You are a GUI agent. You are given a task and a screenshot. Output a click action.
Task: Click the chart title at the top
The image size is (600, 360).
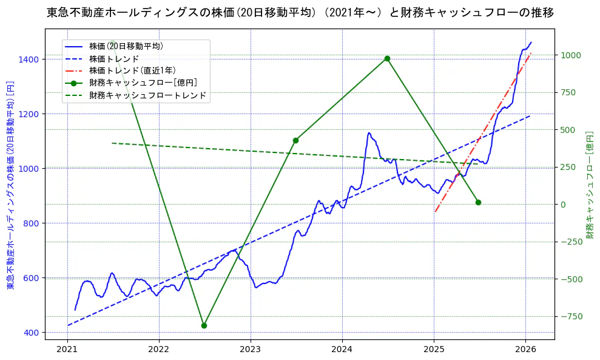pyautogui.click(x=300, y=12)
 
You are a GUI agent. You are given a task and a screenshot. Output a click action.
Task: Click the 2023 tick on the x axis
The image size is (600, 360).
pyautogui.click(x=251, y=350)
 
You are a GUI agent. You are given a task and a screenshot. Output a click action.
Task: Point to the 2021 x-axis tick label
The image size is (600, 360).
pyautogui.click(x=67, y=350)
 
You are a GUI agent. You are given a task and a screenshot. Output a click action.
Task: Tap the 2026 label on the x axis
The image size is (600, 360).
pyautogui.click(x=525, y=350)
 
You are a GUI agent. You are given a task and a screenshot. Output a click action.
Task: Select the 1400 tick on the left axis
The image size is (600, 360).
pyautogui.click(x=50, y=59)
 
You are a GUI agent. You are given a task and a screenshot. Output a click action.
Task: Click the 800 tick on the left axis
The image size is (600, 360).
pyautogui.click(x=52, y=223)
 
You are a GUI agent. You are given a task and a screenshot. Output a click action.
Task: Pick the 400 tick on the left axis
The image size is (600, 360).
pyautogui.click(x=52, y=333)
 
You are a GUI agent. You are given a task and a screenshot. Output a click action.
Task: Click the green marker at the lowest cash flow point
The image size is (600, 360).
pyautogui.click(x=204, y=325)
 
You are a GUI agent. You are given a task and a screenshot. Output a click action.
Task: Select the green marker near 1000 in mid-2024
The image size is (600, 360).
pyautogui.click(x=387, y=59)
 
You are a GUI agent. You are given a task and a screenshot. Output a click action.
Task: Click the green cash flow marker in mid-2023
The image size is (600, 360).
pyautogui.click(x=295, y=140)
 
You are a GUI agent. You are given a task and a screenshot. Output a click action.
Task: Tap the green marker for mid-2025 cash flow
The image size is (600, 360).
pyautogui.click(x=478, y=202)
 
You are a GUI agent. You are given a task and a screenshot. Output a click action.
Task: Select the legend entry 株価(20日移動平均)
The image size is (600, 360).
pyautogui.click(x=125, y=46)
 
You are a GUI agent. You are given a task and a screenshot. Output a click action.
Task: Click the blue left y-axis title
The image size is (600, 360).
pyautogui.click(x=10, y=185)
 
